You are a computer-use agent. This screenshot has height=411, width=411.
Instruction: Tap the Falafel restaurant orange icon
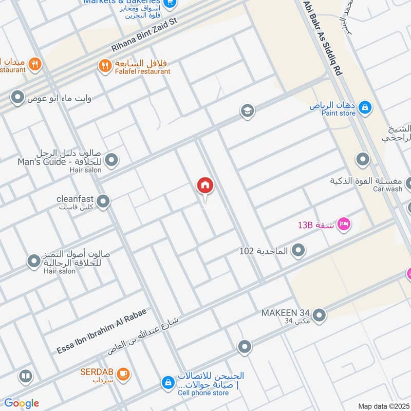[x=105, y=66]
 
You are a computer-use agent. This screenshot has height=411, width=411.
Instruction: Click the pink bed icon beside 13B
[x=344, y=224]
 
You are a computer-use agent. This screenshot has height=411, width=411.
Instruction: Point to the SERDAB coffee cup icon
[x=123, y=374]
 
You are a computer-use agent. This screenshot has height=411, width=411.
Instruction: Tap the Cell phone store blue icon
[x=167, y=382]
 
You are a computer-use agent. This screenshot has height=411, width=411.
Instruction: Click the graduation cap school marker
[x=248, y=111]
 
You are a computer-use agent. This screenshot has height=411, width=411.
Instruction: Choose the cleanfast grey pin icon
[x=103, y=201]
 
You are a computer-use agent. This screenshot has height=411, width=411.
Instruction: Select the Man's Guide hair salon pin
[x=111, y=160]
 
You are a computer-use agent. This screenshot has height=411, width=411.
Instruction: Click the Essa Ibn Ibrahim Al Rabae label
[x=102, y=332]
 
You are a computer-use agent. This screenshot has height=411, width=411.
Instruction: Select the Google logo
[x=22, y=403]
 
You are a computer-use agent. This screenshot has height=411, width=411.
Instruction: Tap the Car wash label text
[x=387, y=189]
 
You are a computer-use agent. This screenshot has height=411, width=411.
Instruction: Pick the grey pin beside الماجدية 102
[x=298, y=251]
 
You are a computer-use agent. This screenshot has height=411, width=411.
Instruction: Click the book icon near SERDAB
[x=25, y=377]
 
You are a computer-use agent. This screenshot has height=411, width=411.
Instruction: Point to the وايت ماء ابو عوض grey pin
[x=18, y=97]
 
